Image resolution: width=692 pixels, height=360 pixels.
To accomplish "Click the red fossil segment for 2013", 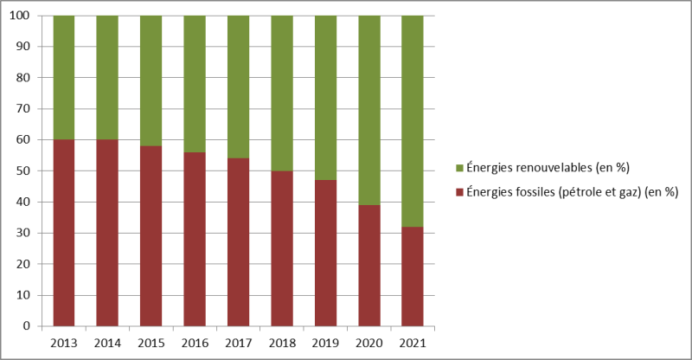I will (x=63, y=233).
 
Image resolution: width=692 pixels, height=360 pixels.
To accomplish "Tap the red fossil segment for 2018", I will (x=282, y=248).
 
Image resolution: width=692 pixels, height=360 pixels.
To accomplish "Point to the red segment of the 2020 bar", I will (x=369, y=266).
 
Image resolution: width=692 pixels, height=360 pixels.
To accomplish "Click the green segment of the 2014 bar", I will (x=107, y=78).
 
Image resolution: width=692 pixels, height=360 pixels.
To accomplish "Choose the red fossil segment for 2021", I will (x=413, y=276).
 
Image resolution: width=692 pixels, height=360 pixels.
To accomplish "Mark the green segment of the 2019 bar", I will (x=325, y=98).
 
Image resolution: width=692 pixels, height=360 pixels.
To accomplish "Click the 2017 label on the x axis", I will (x=238, y=343).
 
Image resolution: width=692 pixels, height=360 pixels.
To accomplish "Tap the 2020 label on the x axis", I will (x=369, y=343).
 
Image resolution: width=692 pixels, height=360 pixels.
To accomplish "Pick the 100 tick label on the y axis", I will (x=22, y=16).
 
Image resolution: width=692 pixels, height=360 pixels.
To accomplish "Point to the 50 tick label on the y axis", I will (x=26, y=170).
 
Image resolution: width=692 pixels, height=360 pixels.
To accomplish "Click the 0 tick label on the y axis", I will (x=29, y=326).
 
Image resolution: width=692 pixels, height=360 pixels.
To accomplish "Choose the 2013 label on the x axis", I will (x=63, y=343).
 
